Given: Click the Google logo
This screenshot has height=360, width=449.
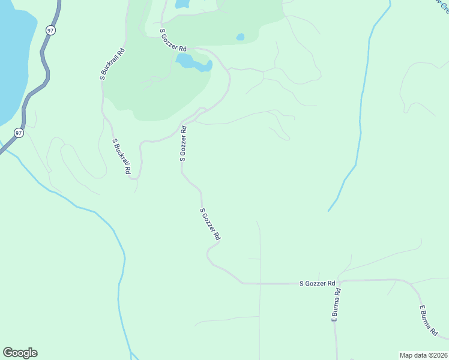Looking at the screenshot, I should [x=20, y=353].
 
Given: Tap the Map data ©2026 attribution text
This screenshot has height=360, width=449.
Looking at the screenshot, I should [x=423, y=355].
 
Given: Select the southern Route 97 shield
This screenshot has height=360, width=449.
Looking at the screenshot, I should [x=19, y=133].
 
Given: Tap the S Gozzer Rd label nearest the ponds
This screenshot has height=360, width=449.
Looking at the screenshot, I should [x=173, y=39].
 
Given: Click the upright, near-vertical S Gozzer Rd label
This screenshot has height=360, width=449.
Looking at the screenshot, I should [x=183, y=143].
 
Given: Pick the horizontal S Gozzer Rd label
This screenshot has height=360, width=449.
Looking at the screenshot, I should [x=317, y=283].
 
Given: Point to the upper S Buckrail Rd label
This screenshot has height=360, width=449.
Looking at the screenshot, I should [x=112, y=64].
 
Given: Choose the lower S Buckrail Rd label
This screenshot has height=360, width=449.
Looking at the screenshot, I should [x=121, y=157].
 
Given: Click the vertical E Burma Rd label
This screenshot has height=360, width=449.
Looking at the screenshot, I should [x=336, y=306].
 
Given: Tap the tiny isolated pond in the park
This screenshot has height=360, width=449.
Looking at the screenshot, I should [x=240, y=37].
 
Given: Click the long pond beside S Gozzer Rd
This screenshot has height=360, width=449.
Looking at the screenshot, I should [x=193, y=62].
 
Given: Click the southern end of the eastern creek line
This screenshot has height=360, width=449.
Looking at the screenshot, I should [x=329, y=210].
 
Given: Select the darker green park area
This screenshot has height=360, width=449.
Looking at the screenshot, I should [x=156, y=84].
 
